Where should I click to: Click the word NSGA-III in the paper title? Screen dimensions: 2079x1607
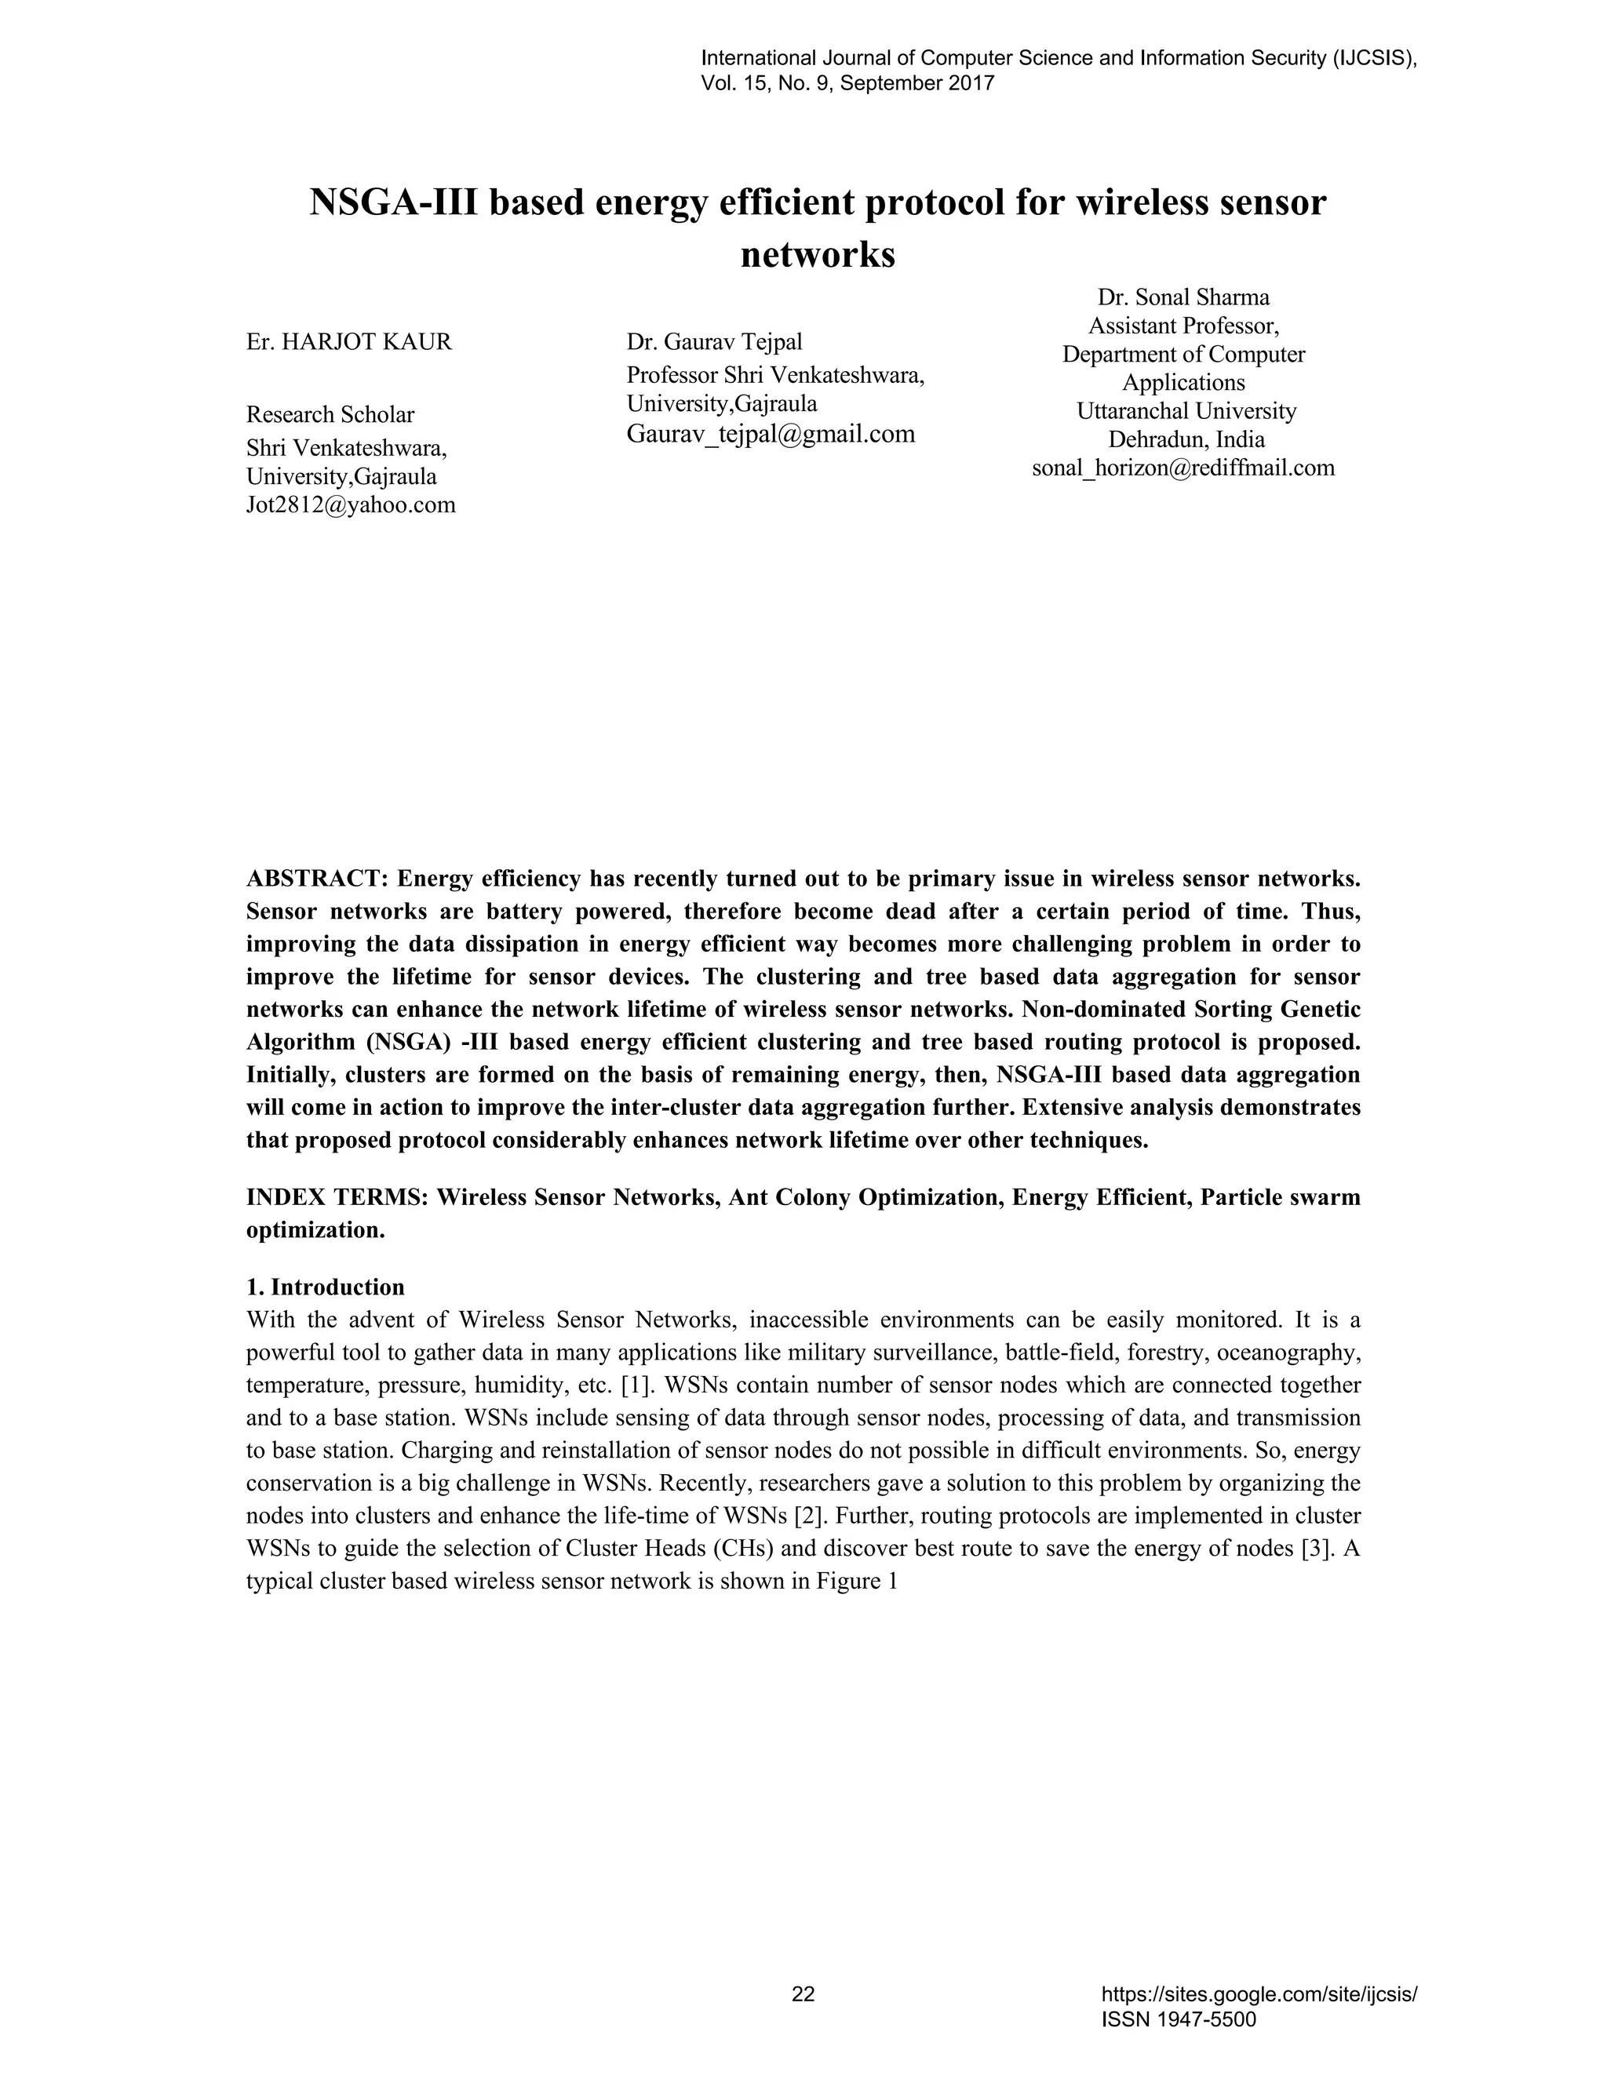click(392, 202)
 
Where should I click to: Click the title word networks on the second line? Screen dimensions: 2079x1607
click(818, 255)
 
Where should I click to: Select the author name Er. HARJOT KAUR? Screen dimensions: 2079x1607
click(349, 342)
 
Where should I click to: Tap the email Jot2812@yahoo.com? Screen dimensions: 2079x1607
click(350, 504)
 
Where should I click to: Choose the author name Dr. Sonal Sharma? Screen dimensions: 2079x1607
click(1183, 297)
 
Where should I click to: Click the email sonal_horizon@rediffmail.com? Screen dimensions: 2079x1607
click(1183, 468)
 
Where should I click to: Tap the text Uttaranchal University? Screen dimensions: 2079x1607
click(1186, 411)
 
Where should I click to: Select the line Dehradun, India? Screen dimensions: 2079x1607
click(1186, 440)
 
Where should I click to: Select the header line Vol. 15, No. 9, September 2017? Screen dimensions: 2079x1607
click(847, 84)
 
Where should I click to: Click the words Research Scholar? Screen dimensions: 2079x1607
click(330, 415)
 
